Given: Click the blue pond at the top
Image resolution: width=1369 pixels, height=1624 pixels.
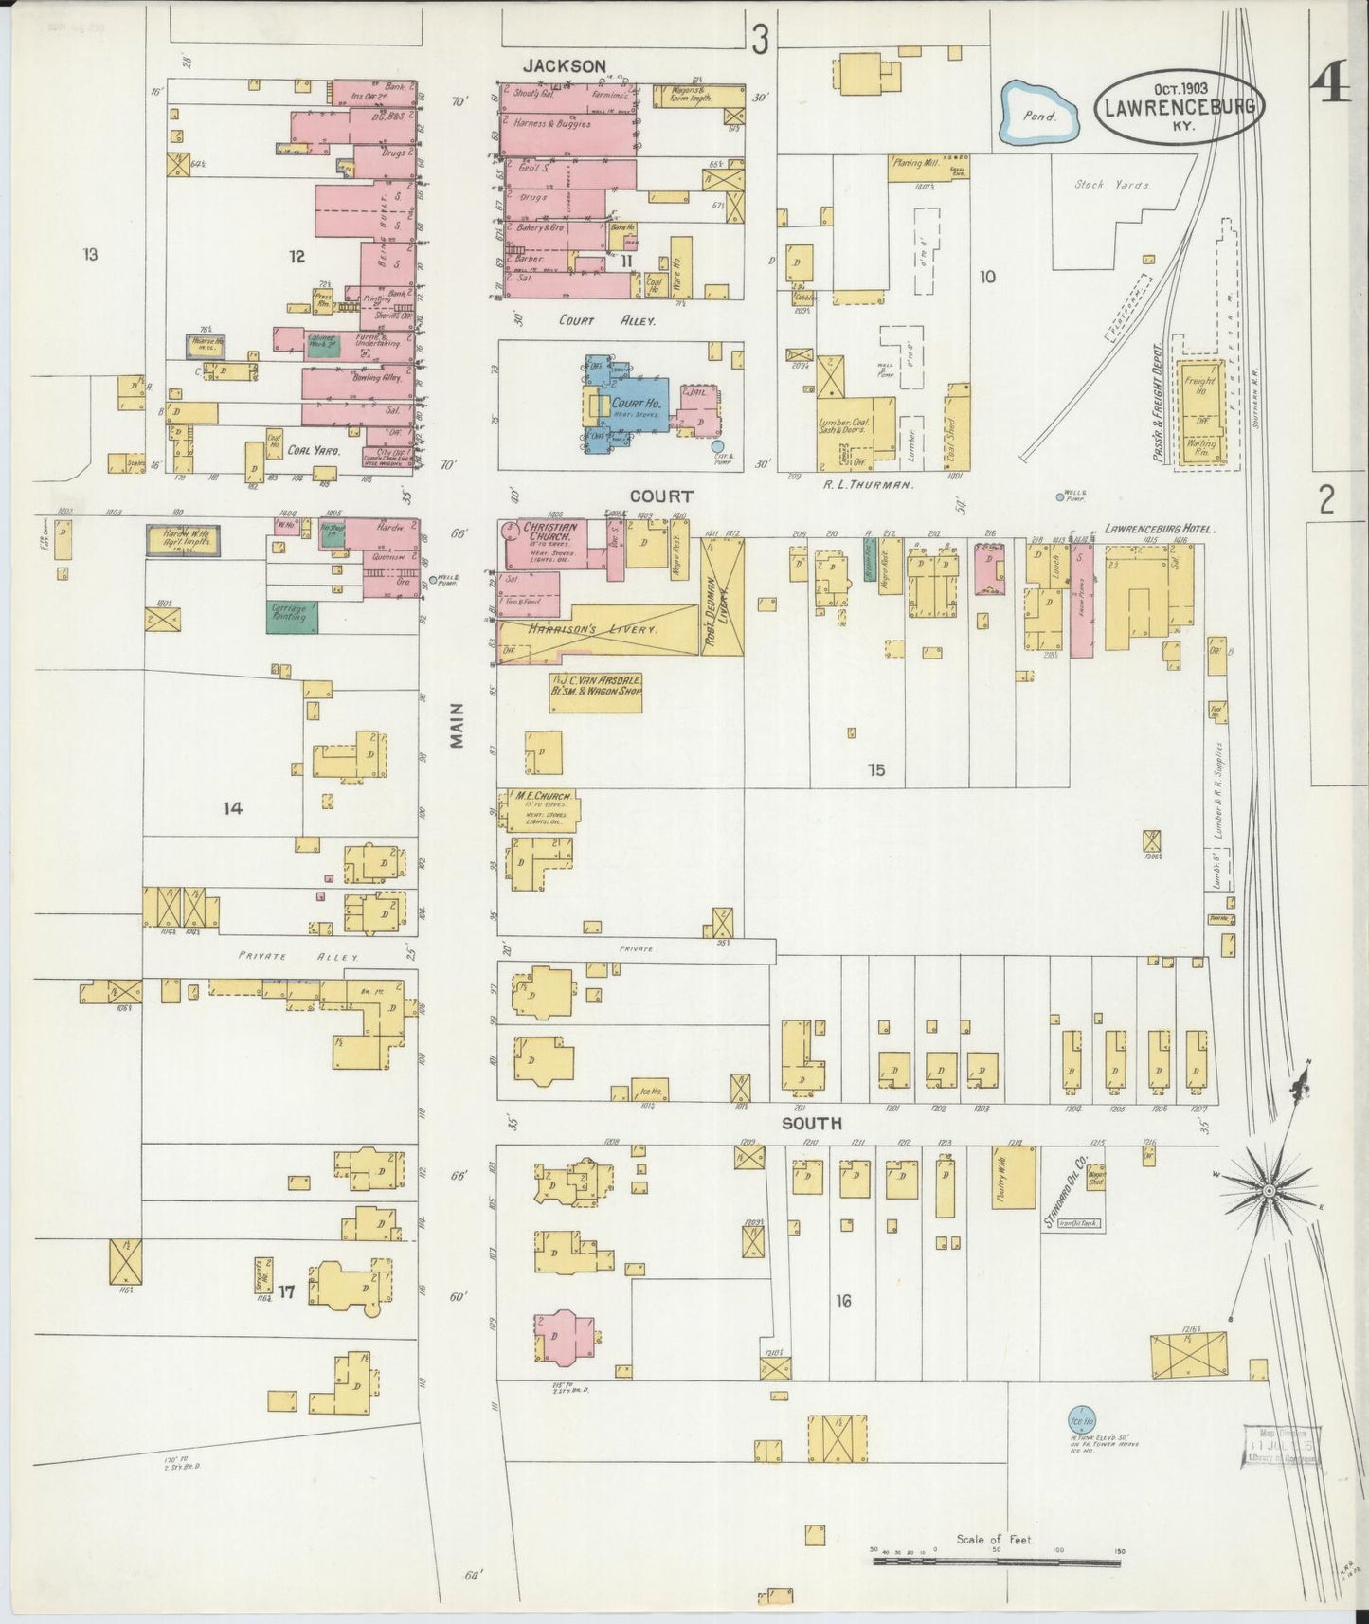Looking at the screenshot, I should tap(1040, 113).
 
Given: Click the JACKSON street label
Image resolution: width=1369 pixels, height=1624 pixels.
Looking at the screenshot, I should tap(565, 66).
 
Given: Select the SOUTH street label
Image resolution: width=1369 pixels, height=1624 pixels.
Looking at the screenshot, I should tap(811, 1123).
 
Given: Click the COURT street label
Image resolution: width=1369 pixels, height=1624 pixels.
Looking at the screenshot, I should tap(662, 496).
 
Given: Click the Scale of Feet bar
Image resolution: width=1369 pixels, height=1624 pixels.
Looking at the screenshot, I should tap(995, 1560).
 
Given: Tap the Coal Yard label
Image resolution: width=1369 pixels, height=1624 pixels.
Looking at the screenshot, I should tap(314, 453).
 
